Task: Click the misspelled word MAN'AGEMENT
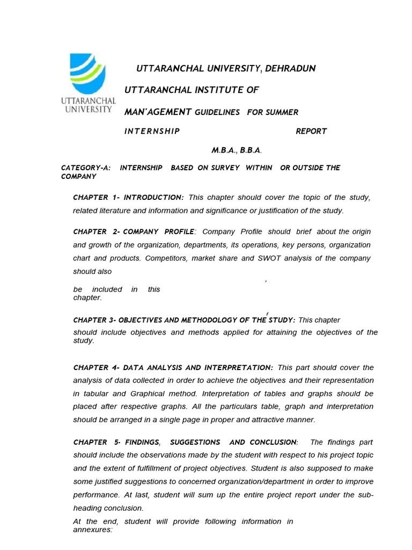[x=158, y=112]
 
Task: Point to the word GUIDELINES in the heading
[x=217, y=112]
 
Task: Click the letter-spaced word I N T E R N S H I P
[x=152, y=131]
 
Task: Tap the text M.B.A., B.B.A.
[x=236, y=151]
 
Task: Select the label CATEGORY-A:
[x=86, y=168]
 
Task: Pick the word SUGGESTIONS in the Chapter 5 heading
[x=195, y=443]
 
